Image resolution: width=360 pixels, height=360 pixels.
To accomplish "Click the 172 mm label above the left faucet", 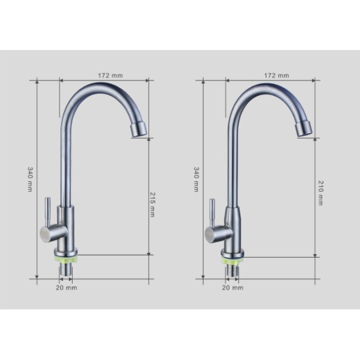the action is click(111, 76).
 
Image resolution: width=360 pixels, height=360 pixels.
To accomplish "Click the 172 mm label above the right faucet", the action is click(276, 76).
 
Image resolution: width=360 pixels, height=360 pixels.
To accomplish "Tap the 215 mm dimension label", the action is click(152, 204).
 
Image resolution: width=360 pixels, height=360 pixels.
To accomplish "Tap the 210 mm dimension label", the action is click(320, 193).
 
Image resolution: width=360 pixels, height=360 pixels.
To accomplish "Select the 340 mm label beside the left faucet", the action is click(30, 179).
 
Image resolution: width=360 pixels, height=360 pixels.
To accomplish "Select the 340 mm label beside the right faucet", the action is click(197, 179).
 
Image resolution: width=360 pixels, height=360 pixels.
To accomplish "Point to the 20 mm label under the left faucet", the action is click(66, 288).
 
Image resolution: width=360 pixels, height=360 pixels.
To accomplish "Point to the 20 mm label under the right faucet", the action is click(233, 288).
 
